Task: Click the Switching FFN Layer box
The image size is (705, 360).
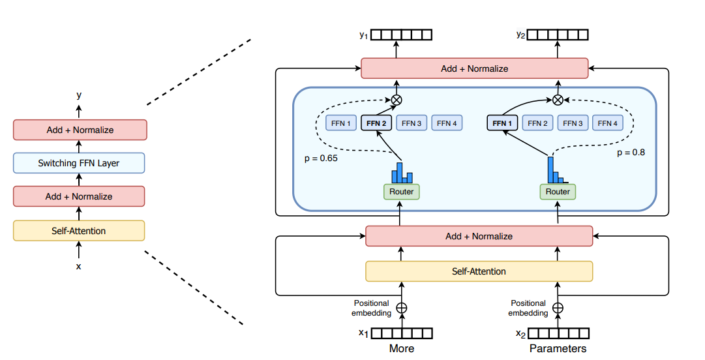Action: pos(79,163)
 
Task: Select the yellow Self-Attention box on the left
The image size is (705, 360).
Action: pos(79,230)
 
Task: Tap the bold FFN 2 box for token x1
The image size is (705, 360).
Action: pos(376,123)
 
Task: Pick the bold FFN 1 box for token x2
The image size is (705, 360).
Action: pos(503,123)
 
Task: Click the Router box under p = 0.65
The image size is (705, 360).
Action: pos(401,192)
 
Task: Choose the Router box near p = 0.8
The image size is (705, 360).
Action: pos(558,192)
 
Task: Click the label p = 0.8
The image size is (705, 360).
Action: pos(631,153)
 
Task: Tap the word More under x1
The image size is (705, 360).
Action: pos(402,348)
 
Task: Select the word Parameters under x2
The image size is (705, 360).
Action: pos(558,348)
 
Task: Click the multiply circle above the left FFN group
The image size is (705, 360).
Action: pos(396,100)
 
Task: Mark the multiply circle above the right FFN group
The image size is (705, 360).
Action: pos(558,100)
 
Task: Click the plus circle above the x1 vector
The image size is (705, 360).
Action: pos(402,308)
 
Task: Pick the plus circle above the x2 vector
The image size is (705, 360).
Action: pos(558,308)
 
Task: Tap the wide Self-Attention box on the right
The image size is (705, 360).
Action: pos(479,271)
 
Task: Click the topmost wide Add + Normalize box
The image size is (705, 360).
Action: pos(474,68)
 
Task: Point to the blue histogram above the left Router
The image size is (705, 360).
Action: pos(402,173)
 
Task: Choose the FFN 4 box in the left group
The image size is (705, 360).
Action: pos(447,123)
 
